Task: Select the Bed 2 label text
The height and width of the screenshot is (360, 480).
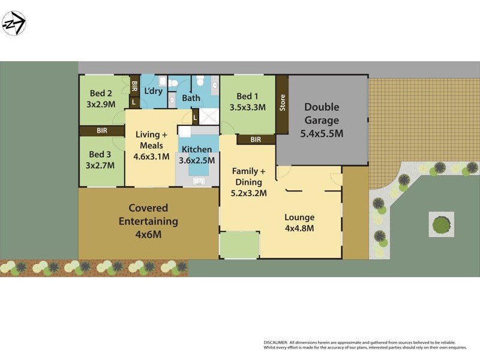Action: pyautogui.click(x=101, y=93)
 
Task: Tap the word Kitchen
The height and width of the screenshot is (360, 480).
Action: pyautogui.click(x=197, y=149)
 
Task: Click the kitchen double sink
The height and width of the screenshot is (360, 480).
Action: pyautogui.click(x=197, y=179)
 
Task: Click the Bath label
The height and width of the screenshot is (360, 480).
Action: pyautogui.click(x=191, y=98)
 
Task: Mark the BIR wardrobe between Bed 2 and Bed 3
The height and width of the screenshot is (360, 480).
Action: pyautogui.click(x=101, y=130)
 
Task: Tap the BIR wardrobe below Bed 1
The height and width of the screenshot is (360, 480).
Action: pyautogui.click(x=256, y=140)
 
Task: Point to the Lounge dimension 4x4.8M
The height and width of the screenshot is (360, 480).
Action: pyautogui.click(x=299, y=228)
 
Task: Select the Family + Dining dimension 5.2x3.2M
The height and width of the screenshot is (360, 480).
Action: pyautogui.click(x=248, y=193)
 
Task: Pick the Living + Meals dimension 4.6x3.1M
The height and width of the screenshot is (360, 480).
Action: pyautogui.click(x=151, y=157)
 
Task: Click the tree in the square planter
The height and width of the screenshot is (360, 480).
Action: pyautogui.click(x=442, y=224)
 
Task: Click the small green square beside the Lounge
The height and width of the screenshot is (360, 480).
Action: pyautogui.click(x=239, y=245)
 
